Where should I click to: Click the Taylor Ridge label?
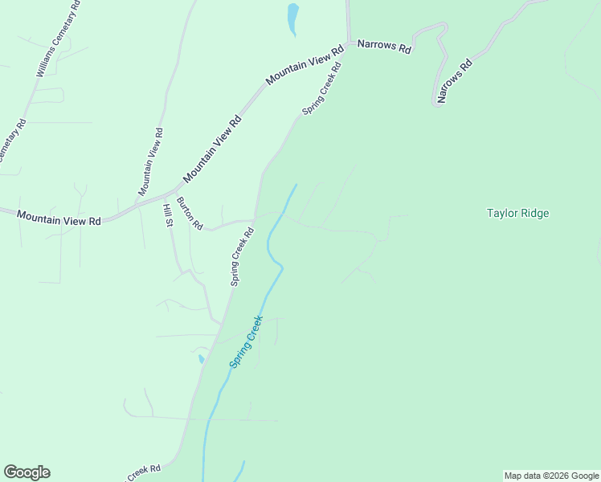517,213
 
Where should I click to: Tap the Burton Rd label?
190,214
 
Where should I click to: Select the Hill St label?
168,214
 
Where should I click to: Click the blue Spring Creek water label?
246,341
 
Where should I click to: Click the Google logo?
27,472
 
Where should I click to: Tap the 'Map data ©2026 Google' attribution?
551,476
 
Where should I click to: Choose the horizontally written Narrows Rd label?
384,47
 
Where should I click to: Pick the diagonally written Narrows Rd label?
453,81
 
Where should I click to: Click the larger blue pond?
292,18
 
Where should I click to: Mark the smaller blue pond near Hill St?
200,358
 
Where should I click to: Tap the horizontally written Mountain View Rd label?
59,218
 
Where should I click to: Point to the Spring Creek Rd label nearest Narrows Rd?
322,88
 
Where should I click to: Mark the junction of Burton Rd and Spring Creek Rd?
255,219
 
